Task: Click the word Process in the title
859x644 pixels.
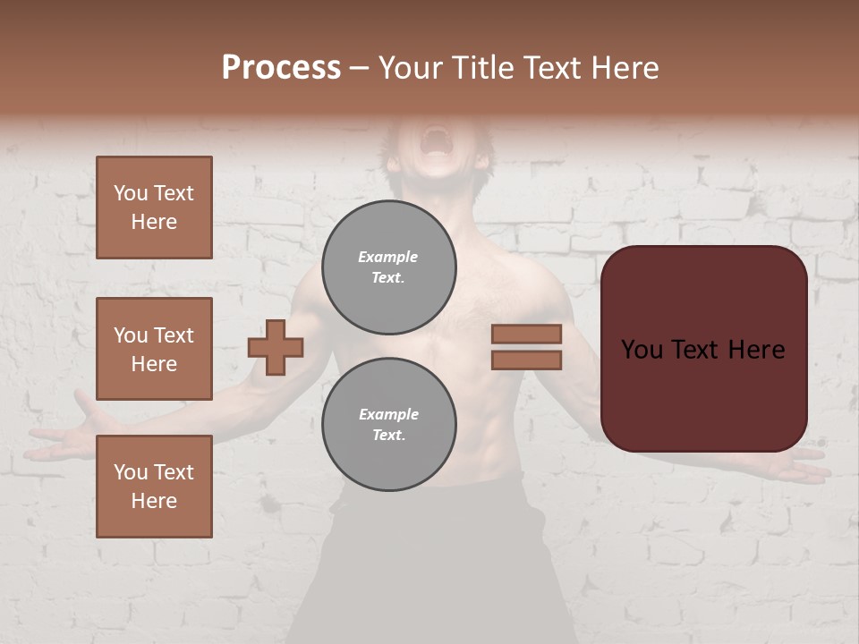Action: click(x=281, y=68)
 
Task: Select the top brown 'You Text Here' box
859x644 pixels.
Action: click(x=154, y=208)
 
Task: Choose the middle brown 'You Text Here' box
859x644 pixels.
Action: click(x=154, y=349)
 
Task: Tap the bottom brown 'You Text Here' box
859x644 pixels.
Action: click(x=154, y=487)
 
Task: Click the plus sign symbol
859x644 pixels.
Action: click(x=276, y=347)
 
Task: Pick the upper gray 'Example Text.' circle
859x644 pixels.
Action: click(x=389, y=267)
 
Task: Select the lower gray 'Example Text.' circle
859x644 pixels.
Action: click(x=389, y=425)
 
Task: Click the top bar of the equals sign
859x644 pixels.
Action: click(x=526, y=334)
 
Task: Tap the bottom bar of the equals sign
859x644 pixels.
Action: click(x=526, y=360)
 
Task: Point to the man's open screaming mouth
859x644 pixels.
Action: click(x=436, y=140)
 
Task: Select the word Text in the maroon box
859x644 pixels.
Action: click(x=702, y=349)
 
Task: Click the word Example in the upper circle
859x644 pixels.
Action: click(x=388, y=257)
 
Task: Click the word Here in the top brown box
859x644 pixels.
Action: click(x=154, y=222)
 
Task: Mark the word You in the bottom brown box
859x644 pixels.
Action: click(x=131, y=472)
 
